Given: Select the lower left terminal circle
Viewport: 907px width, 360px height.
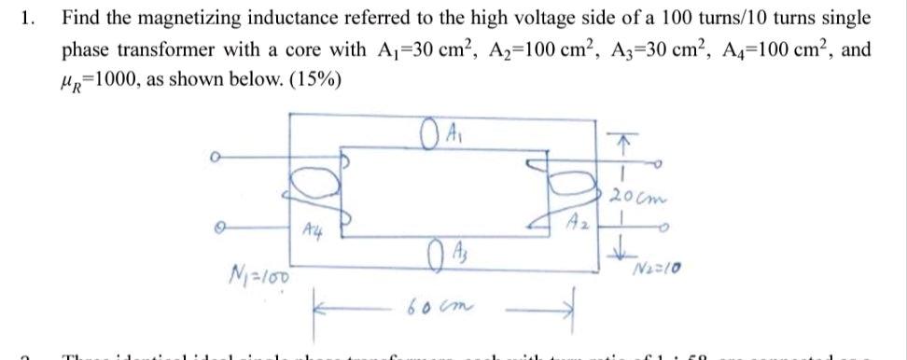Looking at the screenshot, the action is (218, 225).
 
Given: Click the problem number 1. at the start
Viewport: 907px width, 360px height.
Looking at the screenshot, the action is (32, 18).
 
